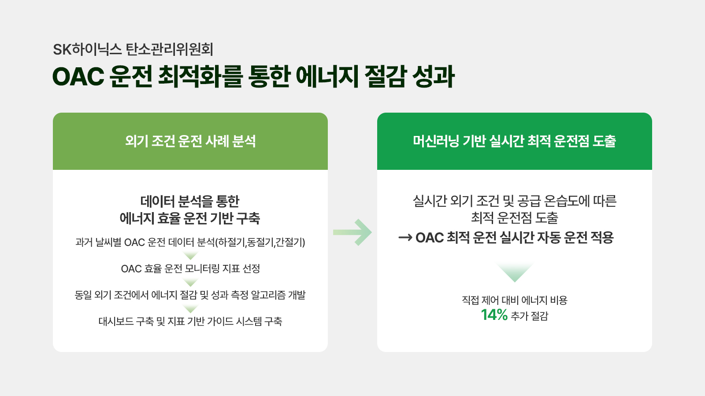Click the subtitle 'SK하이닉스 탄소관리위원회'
pos(133,49)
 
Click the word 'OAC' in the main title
pos(78,77)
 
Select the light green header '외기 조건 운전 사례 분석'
pos(190,141)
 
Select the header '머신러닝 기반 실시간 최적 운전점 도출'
pos(515,141)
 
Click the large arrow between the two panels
pos(352,232)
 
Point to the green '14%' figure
pos(494,315)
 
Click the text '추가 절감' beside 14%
pos(529,315)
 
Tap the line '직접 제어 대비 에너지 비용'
pos(515,300)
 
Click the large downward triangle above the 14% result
pos(515,272)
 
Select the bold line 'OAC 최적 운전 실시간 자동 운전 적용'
pos(515,237)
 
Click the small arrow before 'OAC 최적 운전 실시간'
pos(405,238)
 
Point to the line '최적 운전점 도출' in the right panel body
pos(515,218)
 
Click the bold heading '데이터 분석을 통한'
pos(190,202)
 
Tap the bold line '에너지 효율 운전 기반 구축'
pos(190,218)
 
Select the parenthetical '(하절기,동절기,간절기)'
pos(260,242)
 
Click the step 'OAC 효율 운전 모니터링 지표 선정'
pos(190,269)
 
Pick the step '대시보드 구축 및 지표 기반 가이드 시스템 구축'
pos(190,321)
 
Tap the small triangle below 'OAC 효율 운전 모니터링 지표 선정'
pos(190,282)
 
